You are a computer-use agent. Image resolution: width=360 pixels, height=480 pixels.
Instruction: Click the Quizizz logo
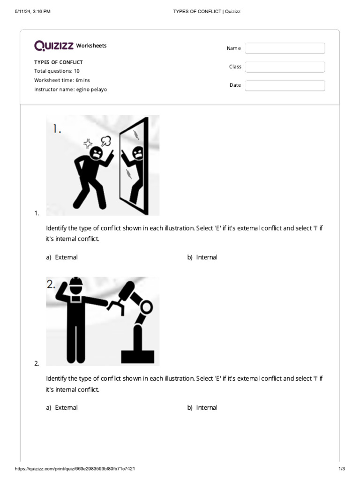pyautogui.click(x=53, y=45)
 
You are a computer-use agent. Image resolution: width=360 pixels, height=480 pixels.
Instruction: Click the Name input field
pyautogui.click(x=285, y=48)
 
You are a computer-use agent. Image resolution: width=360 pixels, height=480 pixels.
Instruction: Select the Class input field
pyautogui.click(x=285, y=67)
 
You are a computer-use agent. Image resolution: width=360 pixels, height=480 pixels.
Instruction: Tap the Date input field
pyautogui.click(x=285, y=85)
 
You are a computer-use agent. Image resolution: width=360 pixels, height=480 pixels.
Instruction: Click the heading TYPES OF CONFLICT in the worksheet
pyautogui.click(x=59, y=62)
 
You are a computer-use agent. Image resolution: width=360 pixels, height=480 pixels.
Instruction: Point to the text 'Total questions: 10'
pyautogui.click(x=57, y=71)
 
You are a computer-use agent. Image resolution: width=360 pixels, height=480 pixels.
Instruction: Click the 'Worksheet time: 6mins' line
pyautogui.click(x=62, y=80)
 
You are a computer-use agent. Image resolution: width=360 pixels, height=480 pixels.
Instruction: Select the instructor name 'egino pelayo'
pyautogui.click(x=91, y=90)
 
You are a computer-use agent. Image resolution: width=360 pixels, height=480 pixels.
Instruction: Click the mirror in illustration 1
pyautogui.click(x=135, y=166)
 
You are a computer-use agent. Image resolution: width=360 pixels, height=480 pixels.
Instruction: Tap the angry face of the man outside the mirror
pyautogui.click(x=97, y=153)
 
